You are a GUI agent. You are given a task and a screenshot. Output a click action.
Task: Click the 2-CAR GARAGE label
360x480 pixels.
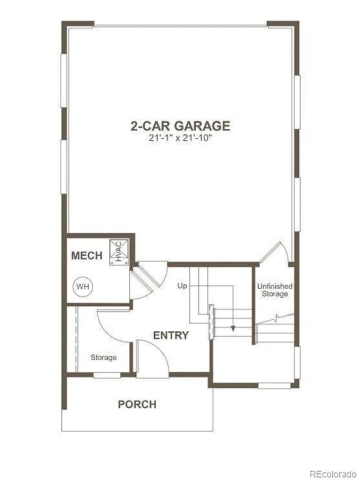coord(180,125)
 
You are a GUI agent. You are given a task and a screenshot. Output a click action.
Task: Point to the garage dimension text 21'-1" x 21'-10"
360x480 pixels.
coord(180,138)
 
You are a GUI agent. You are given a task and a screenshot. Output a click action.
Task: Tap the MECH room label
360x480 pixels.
coord(87,256)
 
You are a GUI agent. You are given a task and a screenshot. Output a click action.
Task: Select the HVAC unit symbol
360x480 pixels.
coord(119,251)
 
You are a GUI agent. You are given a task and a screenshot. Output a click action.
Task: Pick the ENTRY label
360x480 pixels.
coord(171,335)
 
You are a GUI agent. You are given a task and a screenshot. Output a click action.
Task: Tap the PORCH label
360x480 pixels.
coord(137,404)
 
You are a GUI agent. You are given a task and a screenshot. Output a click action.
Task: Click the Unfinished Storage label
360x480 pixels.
coord(275,290)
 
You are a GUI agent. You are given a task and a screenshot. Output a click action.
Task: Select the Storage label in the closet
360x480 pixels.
coord(103,357)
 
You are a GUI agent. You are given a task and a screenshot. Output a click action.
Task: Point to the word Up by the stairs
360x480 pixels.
coord(183,285)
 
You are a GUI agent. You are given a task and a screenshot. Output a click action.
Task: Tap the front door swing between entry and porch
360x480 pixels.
coord(153,359)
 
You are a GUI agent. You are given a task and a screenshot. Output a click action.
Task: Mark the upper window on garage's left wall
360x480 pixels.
coord(64,80)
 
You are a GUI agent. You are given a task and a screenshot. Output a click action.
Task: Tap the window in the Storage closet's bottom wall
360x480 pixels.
coord(107,375)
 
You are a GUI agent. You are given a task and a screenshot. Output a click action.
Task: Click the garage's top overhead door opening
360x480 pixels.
coord(180,26)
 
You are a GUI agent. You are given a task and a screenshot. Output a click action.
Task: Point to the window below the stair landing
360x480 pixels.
coord(274,386)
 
